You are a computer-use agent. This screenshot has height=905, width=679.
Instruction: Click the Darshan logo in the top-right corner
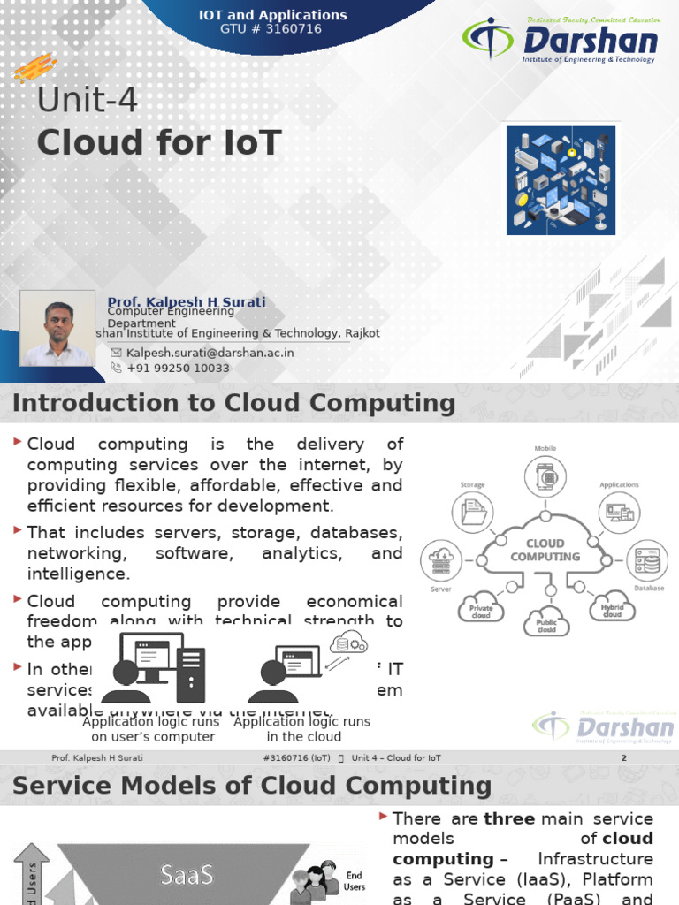point(560,42)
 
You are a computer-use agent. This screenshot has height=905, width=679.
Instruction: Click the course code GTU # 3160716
point(272,29)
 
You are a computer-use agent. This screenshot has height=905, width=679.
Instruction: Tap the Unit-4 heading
point(88,101)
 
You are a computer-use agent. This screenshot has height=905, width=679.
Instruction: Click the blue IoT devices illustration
point(561,180)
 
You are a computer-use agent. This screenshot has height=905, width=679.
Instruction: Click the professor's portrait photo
point(57,329)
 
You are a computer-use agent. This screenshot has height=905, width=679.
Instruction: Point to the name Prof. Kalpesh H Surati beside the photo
point(187,302)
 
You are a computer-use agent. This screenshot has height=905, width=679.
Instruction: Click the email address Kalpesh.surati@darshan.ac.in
point(210,352)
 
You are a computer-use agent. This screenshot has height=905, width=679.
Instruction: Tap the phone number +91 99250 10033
point(178,368)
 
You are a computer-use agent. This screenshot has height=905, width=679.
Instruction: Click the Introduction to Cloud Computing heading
point(233,404)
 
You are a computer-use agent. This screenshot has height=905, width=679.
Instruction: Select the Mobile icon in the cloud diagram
point(546,477)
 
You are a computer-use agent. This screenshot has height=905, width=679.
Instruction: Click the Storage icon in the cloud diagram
point(473,513)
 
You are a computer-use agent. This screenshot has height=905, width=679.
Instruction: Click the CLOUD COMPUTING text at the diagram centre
point(545,551)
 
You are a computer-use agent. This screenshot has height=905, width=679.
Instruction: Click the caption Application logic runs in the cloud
point(301,729)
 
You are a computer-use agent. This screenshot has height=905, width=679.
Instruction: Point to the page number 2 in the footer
point(623,758)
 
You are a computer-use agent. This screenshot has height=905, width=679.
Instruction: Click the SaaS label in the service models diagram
point(187,874)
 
